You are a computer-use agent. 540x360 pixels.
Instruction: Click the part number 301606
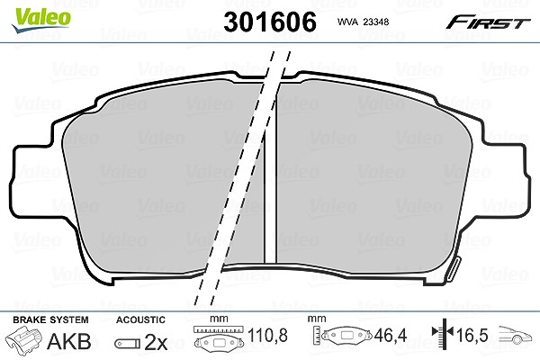coord(270,22)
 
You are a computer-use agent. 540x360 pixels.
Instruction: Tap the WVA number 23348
coord(376,22)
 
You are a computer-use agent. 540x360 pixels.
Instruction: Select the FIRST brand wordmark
coord(488,23)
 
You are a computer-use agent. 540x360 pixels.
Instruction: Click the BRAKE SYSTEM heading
coord(50,319)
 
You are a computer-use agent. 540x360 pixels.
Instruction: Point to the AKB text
coord(69,341)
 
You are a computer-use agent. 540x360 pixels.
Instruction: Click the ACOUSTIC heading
coord(140,319)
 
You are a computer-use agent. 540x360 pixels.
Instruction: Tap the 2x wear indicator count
coord(156,342)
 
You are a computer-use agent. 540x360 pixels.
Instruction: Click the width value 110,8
coord(267,335)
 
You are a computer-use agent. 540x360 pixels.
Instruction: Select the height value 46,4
coord(391,335)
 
